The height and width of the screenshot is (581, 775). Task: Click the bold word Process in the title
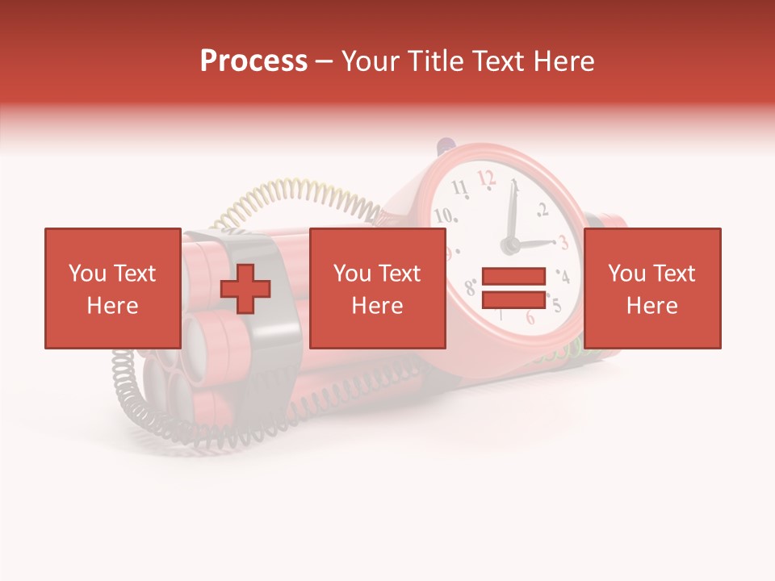253,61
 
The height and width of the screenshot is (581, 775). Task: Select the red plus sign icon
245,289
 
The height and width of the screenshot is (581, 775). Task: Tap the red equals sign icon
513,288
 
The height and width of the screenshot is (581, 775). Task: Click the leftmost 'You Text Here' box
112,288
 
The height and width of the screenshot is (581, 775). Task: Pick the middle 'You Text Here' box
377,288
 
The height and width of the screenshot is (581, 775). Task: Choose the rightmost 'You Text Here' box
651,288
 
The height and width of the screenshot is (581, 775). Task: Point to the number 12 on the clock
486,178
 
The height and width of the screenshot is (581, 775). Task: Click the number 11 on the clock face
459,189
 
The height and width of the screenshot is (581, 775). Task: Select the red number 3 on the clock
563,242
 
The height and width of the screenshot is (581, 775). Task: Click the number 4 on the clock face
563,278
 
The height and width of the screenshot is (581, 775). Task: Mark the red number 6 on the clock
530,317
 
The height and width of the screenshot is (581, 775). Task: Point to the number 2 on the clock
542,211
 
